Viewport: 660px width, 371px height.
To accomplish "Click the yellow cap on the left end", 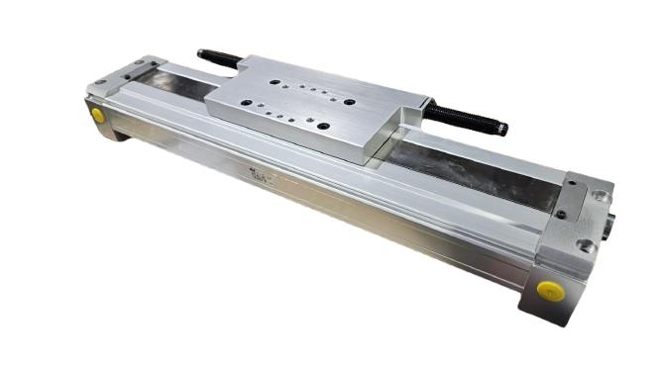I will (97, 115).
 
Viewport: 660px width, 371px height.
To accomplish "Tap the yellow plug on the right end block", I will (550, 291).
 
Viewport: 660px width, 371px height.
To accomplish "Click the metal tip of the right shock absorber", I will (502, 129).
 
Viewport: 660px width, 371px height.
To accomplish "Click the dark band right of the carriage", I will (466, 172).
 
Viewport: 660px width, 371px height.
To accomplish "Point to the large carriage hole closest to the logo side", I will (323, 126).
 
